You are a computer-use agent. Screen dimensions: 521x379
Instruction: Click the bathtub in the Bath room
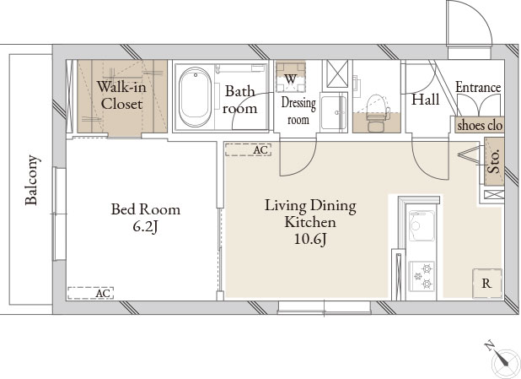tap(195, 97)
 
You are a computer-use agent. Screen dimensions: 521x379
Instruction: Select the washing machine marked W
tap(291, 77)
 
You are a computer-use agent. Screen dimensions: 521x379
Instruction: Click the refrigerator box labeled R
tap(487, 284)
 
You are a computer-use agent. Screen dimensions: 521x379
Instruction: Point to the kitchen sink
tap(422, 225)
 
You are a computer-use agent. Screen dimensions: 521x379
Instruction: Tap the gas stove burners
tap(422, 276)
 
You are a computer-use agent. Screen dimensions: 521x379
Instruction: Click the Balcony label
tap(32, 180)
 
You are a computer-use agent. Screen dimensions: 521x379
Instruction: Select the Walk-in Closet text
tap(121, 95)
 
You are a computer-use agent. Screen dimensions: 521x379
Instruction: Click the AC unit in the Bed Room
tap(91, 293)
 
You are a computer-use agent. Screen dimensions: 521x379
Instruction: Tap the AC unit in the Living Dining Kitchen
tap(248, 149)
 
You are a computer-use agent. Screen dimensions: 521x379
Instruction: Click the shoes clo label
tap(480, 125)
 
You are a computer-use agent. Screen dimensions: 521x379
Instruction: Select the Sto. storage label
tap(494, 161)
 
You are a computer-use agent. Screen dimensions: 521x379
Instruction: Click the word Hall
tap(425, 99)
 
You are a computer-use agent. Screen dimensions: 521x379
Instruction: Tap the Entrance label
tap(478, 87)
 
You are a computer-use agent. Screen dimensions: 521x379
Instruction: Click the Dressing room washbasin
tap(334, 112)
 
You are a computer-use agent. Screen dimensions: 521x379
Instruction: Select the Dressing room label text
tap(298, 111)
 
